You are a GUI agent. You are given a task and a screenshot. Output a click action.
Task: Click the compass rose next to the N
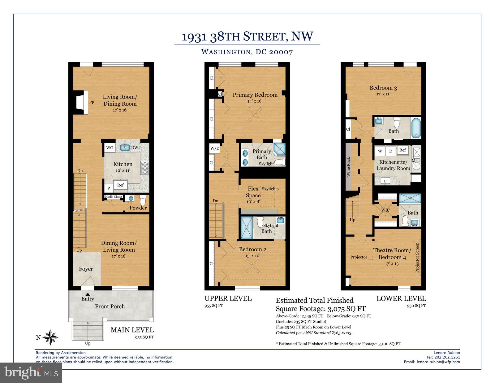pos(51,337)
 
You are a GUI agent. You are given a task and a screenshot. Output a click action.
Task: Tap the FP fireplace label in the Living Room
pos(92,102)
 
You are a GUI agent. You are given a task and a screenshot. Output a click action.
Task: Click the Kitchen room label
pos(123,164)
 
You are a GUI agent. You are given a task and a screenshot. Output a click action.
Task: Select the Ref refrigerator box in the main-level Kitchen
pos(120,185)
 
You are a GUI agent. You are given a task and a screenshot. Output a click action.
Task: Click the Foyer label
pos(86,269)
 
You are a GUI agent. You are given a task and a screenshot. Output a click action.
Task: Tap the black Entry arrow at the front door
pos(88,294)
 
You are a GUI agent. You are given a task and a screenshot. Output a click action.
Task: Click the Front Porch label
pos(110,306)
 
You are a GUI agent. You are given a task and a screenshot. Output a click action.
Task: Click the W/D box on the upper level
pos(214,148)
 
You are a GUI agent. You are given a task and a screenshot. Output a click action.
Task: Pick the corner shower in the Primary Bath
pos(279,150)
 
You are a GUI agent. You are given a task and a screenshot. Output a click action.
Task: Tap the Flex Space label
pos(253,192)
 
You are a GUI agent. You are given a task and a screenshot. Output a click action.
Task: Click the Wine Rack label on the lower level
pos(348,167)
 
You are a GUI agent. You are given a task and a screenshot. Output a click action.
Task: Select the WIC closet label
pos(385,210)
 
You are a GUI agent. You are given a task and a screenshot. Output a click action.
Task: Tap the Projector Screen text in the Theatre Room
pos(417,258)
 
